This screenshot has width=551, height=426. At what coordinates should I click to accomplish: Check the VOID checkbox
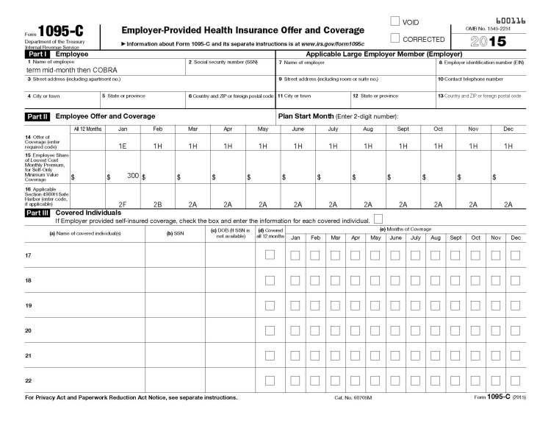[395, 22]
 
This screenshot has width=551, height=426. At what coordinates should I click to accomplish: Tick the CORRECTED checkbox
[395, 38]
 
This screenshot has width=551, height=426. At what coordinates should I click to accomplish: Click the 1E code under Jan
[123, 146]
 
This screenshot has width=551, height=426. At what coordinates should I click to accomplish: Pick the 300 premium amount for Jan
[132, 175]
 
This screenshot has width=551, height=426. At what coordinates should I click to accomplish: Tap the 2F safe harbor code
[123, 204]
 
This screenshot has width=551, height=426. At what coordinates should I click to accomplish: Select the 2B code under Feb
[157, 204]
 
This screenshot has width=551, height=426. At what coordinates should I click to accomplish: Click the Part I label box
[37, 54]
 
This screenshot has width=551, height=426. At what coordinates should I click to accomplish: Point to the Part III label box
[37, 212]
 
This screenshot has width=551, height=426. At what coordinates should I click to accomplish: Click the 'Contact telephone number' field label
[471, 79]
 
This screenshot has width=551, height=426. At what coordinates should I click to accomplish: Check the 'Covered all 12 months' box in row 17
[270, 255]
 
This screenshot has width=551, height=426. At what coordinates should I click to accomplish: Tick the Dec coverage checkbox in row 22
[515, 380]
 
